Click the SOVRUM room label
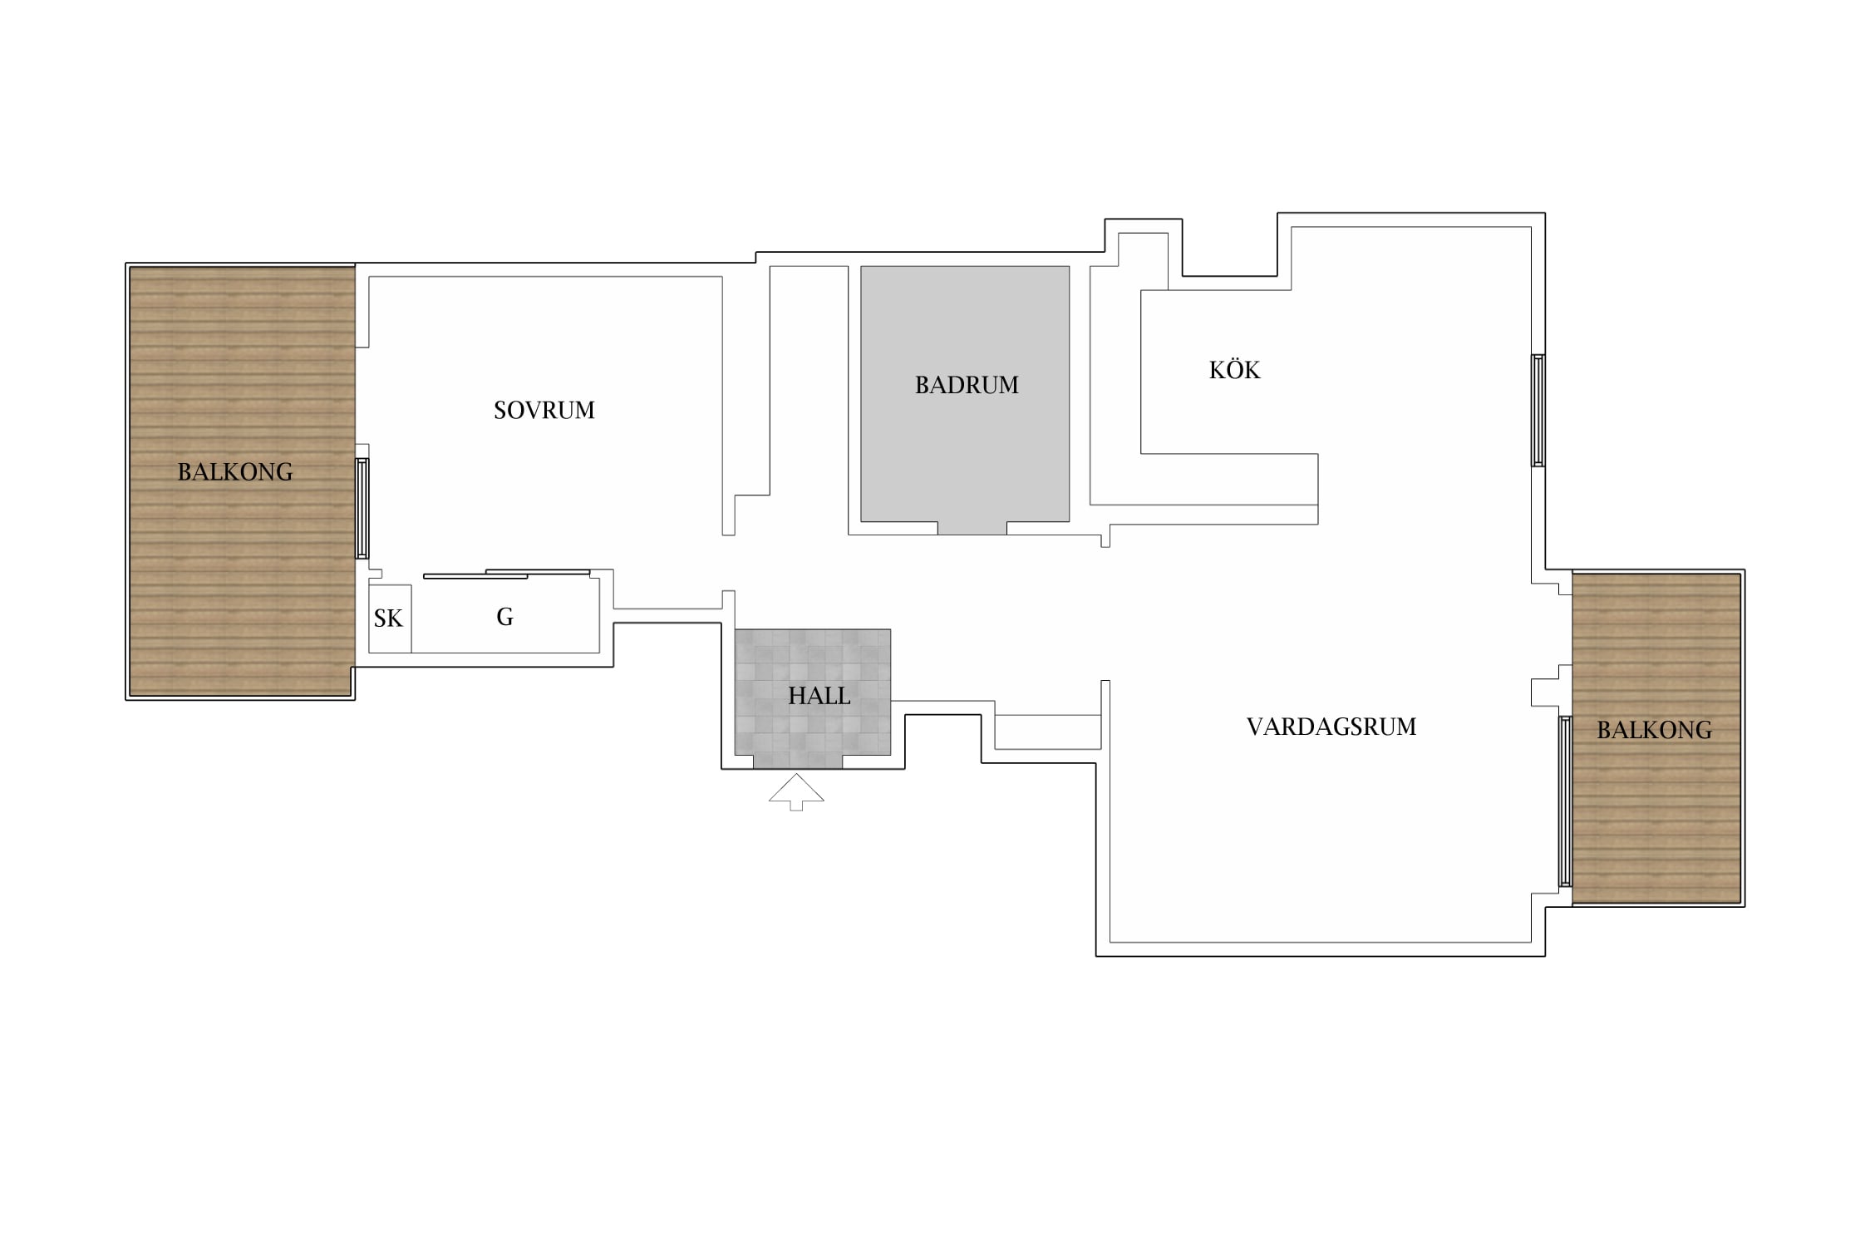(x=544, y=410)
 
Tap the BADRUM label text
(x=967, y=385)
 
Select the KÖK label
(x=1234, y=369)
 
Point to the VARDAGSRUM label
(x=1331, y=727)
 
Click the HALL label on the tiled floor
(x=819, y=696)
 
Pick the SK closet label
(x=388, y=619)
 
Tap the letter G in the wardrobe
(x=504, y=617)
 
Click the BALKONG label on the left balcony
(x=235, y=472)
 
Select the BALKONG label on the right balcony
(x=1654, y=730)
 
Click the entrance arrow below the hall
(x=796, y=791)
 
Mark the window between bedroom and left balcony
(x=362, y=508)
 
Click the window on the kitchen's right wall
(x=1538, y=411)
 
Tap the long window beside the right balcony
(x=1565, y=801)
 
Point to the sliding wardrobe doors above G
(x=507, y=574)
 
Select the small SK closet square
(x=390, y=619)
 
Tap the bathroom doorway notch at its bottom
(x=972, y=528)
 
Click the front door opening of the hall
(x=798, y=762)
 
